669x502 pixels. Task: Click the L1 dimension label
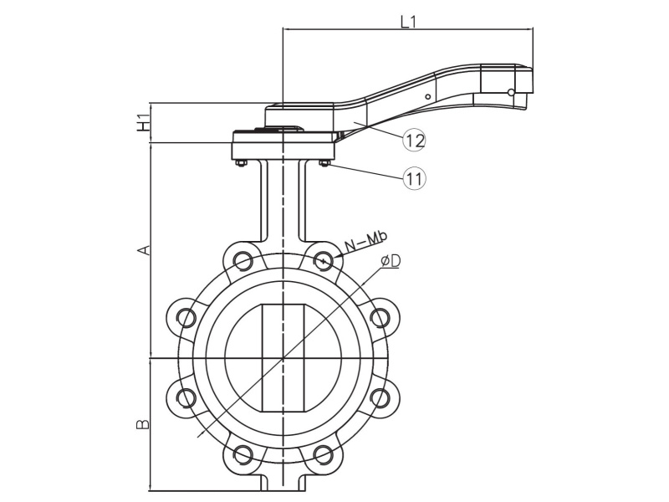coord(408,23)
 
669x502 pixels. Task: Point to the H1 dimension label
coord(144,122)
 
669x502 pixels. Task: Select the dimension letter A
coord(144,250)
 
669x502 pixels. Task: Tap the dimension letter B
coord(144,424)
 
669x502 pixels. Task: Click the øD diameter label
coord(390,262)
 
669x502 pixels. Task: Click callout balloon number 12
coord(414,140)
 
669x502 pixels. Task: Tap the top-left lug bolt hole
coord(243,260)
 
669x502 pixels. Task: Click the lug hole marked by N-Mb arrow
coord(324,260)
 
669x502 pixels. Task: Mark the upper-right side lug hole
coord(380,317)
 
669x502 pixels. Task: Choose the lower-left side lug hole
coord(186,397)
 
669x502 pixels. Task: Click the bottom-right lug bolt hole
coord(324,454)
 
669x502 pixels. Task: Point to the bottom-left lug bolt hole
coord(243,454)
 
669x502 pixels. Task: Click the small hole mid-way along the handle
coord(427,96)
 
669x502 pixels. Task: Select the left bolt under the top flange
coord(241,163)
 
